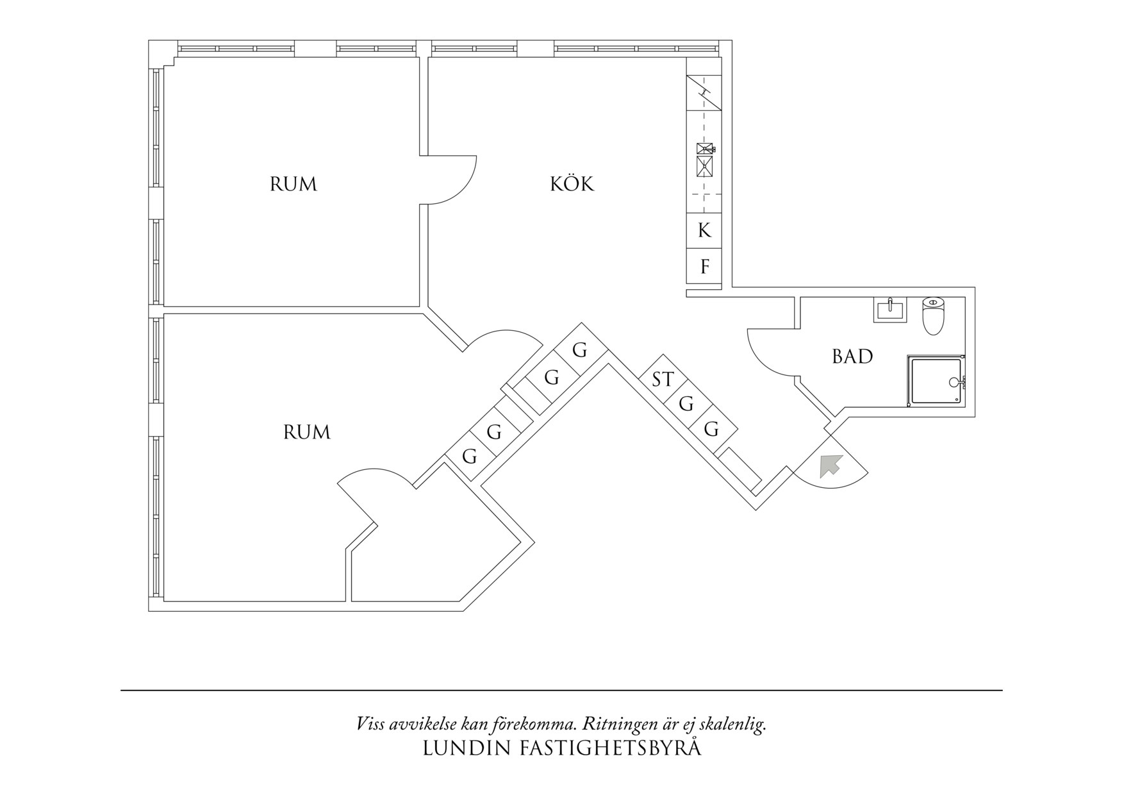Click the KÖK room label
click(572, 185)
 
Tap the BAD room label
click(852, 356)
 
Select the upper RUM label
click(293, 185)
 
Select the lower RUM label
click(306, 433)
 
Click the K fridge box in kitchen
click(704, 230)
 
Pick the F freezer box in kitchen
click(704, 267)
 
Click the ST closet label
click(663, 380)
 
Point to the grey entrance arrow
click(829, 465)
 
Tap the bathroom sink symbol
click(890, 310)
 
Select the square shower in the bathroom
click(936, 381)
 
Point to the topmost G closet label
click(579, 351)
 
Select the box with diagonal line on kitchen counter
click(704, 93)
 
